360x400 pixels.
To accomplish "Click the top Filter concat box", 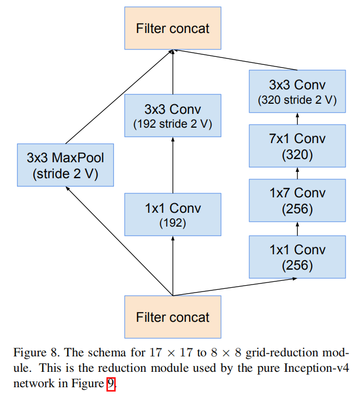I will pyautogui.click(x=173, y=28).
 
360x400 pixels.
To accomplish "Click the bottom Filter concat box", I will pyautogui.click(x=173, y=317).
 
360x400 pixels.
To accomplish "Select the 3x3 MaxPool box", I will pyautogui.click(x=66, y=165).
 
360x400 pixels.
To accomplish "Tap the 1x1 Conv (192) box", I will pyautogui.click(x=173, y=214).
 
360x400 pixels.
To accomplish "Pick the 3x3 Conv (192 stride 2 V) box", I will pyautogui.click(x=173, y=116).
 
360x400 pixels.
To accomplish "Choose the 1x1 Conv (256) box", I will pyautogui.click(x=297, y=256).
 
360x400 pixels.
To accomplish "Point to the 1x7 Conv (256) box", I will pyautogui.click(x=297, y=201).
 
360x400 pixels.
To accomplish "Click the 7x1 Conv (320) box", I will pyautogui.click(x=297, y=146).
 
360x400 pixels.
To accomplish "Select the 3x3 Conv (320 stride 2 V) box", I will pyautogui.click(x=297, y=91).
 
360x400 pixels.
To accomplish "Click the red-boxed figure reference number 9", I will pyautogui.click(x=111, y=384).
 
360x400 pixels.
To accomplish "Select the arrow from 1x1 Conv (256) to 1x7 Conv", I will pyautogui.click(x=297, y=229).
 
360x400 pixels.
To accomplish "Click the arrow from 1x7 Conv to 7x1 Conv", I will pyautogui.click(x=297, y=173).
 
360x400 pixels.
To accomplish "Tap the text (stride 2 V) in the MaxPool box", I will pyautogui.click(x=66, y=174).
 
